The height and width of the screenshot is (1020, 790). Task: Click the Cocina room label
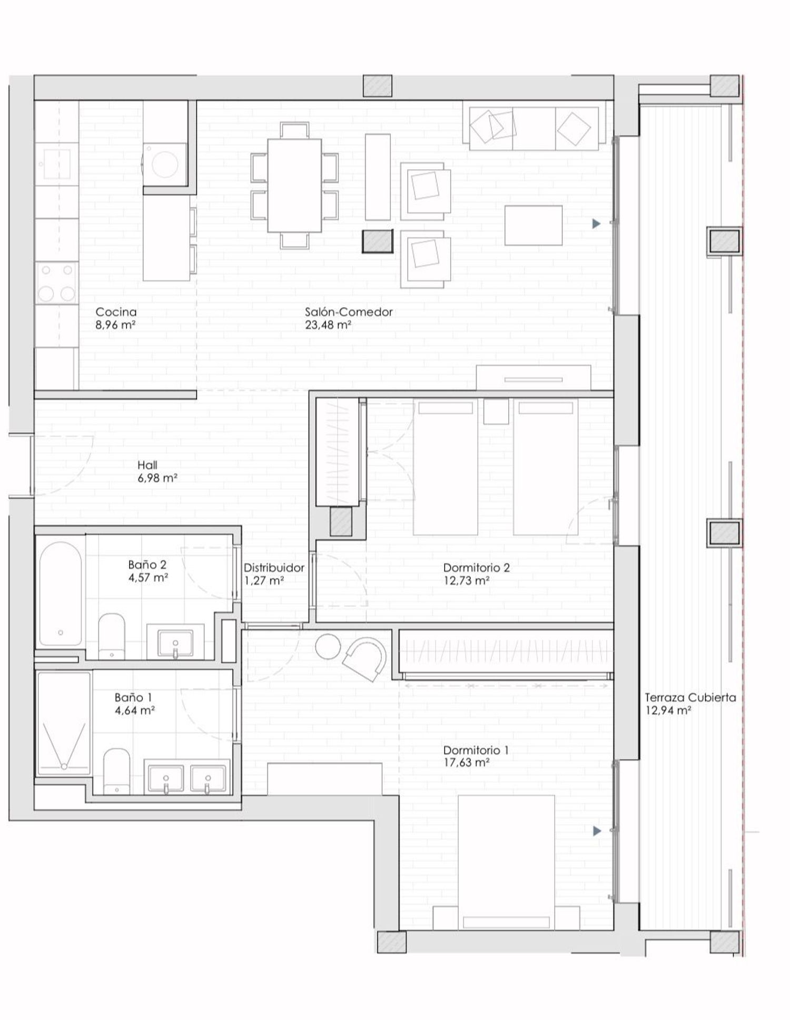[x=116, y=312]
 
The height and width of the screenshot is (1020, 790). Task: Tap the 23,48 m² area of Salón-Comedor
[x=328, y=325]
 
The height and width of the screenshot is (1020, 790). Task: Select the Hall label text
[x=147, y=465]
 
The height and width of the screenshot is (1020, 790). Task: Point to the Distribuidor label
[x=274, y=568]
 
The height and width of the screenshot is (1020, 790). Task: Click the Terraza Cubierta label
[x=690, y=697]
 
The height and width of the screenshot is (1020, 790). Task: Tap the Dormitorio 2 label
[x=476, y=568]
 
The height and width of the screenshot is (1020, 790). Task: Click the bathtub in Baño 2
[x=61, y=594]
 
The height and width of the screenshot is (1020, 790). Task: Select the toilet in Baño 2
[x=112, y=636]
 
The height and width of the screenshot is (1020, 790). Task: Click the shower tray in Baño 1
[x=64, y=723]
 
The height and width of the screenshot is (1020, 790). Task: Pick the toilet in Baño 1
[x=116, y=771]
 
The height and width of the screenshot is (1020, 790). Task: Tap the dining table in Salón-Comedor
[x=294, y=185]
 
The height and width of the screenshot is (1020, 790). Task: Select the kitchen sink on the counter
[x=56, y=164]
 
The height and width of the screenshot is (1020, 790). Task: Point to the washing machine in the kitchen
[x=165, y=164]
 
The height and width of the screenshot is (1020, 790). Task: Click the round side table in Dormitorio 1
[x=329, y=646]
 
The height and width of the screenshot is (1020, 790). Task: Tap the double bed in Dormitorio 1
[x=506, y=862]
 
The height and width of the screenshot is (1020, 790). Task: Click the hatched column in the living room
[x=378, y=241]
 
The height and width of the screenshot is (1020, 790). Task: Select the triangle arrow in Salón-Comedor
[x=596, y=224]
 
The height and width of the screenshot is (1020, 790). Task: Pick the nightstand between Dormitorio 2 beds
[x=496, y=411]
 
